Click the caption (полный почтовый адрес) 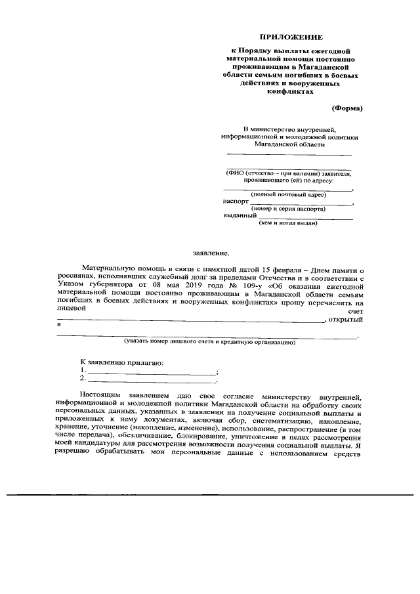coord(289,194)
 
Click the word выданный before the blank coord(240,216)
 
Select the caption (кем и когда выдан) coord(289,223)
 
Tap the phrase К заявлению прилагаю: coord(122,362)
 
